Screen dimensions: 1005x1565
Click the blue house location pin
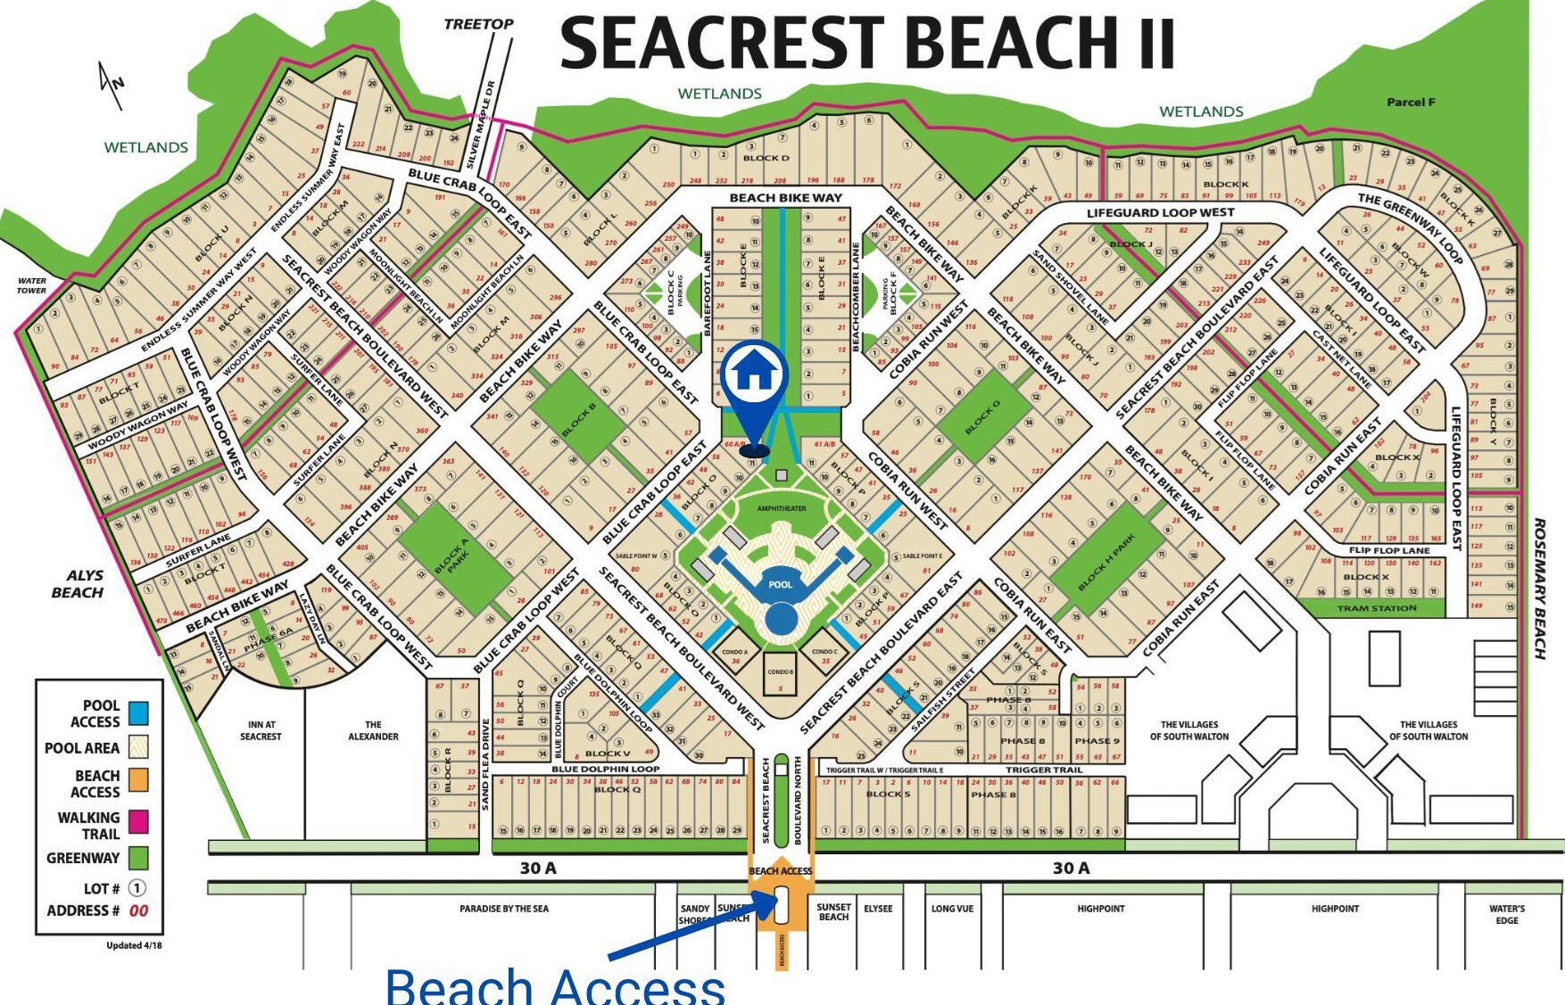pyautogui.click(x=755, y=375)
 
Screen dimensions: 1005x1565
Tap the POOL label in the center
pyautogui.click(x=781, y=585)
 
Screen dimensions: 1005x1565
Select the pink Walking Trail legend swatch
pyautogui.click(x=138, y=821)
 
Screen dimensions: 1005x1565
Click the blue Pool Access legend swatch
pyautogui.click(x=138, y=713)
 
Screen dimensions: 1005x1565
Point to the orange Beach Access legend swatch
pyautogui.click(x=138, y=780)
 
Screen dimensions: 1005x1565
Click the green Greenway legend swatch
pyautogui.click(x=138, y=858)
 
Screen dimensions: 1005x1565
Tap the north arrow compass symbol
pyautogui.click(x=112, y=85)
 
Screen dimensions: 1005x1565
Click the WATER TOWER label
pyautogui.click(x=32, y=285)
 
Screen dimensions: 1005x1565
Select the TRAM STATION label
pyautogui.click(x=1377, y=608)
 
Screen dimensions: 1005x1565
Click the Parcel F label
pyautogui.click(x=1411, y=103)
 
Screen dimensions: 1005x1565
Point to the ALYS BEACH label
pyautogui.click(x=78, y=584)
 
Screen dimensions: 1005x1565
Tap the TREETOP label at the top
pyautogui.click(x=478, y=24)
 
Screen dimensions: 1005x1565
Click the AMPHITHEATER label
pyautogui.click(x=782, y=508)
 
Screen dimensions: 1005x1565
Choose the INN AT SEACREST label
pyautogui.click(x=261, y=730)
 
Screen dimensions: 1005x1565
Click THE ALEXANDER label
pyautogui.click(x=373, y=730)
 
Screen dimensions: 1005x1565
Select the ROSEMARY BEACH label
pyautogui.click(x=1539, y=588)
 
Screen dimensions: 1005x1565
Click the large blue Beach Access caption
pyautogui.click(x=555, y=986)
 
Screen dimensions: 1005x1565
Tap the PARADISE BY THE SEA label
pyautogui.click(x=504, y=909)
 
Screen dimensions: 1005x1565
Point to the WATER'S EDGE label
pyautogui.click(x=1507, y=914)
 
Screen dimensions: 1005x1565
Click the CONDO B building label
pyautogui.click(x=780, y=672)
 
